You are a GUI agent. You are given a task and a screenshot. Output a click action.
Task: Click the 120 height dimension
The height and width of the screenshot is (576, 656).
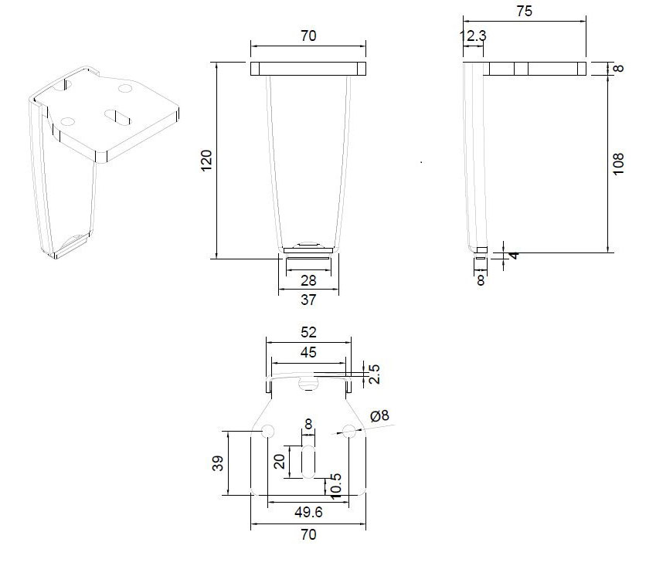pos(206,160)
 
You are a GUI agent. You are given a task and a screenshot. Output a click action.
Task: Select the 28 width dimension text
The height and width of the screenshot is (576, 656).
pos(308,280)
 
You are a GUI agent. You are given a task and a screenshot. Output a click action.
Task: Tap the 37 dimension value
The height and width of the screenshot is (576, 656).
pos(308,300)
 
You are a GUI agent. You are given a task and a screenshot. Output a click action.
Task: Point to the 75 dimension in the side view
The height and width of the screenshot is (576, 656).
pos(524,11)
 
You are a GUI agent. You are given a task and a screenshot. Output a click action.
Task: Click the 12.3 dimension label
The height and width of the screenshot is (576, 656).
pos(473,36)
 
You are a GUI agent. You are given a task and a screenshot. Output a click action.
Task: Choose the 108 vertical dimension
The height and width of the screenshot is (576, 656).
pos(618,164)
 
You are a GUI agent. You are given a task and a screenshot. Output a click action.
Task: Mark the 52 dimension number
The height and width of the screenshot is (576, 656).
pos(308,332)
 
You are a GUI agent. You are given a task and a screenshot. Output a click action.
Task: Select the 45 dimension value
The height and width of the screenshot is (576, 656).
pos(308,352)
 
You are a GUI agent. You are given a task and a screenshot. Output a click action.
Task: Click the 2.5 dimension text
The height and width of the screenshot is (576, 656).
pos(374,374)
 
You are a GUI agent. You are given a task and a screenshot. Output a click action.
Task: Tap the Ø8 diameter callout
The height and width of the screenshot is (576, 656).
pos(379,415)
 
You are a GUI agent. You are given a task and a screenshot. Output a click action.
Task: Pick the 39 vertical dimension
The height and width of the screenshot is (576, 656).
pos(218,463)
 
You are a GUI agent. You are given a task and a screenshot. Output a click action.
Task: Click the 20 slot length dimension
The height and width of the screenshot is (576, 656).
pos(279,461)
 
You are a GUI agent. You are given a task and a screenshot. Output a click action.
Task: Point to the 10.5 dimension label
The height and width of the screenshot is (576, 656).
pos(335,486)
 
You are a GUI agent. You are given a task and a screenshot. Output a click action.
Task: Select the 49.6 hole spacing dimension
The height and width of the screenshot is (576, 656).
pos(308,512)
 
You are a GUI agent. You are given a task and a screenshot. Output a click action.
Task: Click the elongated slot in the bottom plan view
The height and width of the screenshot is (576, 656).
pos(308,462)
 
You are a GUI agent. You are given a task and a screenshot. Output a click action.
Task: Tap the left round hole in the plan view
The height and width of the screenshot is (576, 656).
pos(268,431)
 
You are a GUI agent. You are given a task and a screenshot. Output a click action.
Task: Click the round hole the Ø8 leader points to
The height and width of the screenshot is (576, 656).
pos(349,431)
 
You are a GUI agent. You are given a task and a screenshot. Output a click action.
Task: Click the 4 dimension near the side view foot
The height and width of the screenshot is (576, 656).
pos(515,255)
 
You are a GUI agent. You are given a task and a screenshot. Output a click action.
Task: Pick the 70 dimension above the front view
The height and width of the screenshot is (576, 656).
pos(308,36)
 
